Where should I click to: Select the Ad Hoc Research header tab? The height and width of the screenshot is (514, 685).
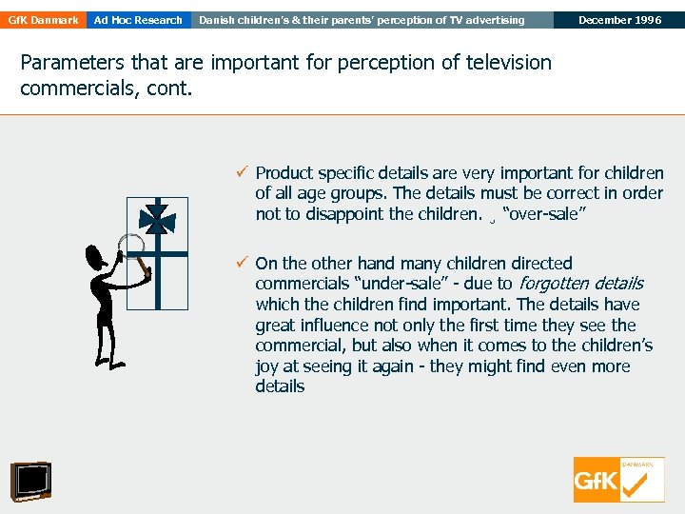(x=138, y=20)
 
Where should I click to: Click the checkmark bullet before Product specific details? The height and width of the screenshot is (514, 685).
(x=243, y=172)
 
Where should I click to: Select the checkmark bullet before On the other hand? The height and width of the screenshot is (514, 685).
(x=243, y=263)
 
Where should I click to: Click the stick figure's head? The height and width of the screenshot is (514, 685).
(x=96, y=256)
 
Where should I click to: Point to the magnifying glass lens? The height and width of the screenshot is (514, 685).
(x=127, y=245)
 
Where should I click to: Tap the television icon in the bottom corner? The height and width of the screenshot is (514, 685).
(x=30, y=482)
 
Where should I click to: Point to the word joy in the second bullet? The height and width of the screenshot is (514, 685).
(x=267, y=366)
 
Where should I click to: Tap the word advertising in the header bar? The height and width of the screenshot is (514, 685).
(x=491, y=20)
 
